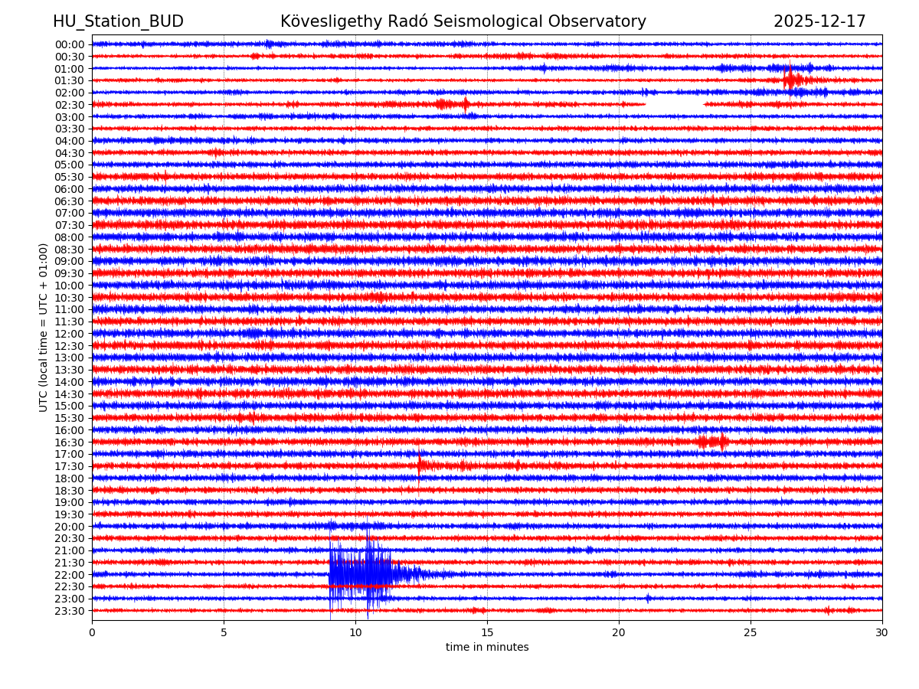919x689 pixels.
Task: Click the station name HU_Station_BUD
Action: point(118,21)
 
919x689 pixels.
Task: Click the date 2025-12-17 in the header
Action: point(819,21)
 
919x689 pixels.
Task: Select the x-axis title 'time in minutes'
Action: point(487,647)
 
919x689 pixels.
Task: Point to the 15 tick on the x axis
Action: point(487,633)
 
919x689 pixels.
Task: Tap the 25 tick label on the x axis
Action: point(751,633)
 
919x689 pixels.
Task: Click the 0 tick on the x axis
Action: point(92,633)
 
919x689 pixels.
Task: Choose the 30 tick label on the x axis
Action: point(882,633)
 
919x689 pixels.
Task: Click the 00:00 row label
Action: point(70,44)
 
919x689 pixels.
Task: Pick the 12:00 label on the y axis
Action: point(70,334)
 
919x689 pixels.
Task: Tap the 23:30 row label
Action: point(70,611)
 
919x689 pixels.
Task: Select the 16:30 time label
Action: point(70,442)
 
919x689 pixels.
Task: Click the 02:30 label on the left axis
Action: point(70,105)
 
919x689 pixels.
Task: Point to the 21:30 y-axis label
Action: point(70,563)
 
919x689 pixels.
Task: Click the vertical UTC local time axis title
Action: point(44,327)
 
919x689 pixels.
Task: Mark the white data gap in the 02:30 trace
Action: point(674,103)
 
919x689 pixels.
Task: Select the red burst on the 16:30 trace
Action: point(713,441)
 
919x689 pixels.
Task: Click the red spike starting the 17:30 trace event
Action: point(420,463)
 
